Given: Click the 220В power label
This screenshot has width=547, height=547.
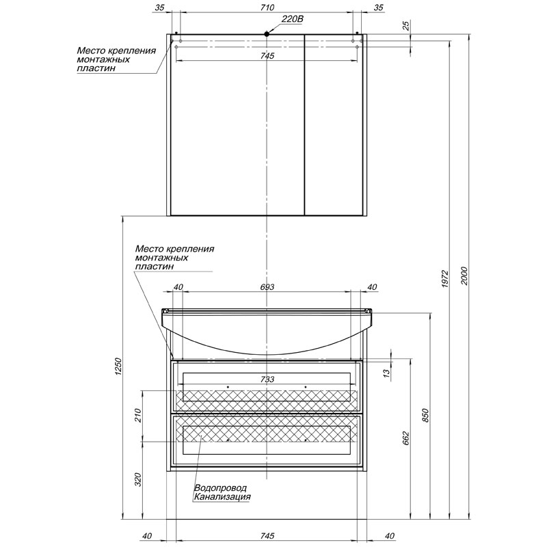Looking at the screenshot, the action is pyautogui.click(x=293, y=19).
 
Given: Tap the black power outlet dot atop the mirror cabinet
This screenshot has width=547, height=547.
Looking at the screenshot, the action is pyautogui.click(x=267, y=34).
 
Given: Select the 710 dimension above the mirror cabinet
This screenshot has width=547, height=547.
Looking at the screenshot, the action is pyautogui.click(x=267, y=8).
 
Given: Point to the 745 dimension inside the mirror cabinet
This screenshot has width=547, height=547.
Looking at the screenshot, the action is pyautogui.click(x=267, y=55).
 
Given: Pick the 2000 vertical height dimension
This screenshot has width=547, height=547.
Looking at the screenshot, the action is pyautogui.click(x=464, y=276).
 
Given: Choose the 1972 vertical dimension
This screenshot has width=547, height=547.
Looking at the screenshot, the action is pyautogui.click(x=444, y=278).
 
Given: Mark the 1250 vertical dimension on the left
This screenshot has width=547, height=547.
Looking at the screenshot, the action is pyautogui.click(x=118, y=366).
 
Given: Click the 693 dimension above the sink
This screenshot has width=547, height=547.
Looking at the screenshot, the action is pyautogui.click(x=267, y=286).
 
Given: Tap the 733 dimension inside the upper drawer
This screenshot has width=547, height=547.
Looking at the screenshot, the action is pyautogui.click(x=267, y=379).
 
